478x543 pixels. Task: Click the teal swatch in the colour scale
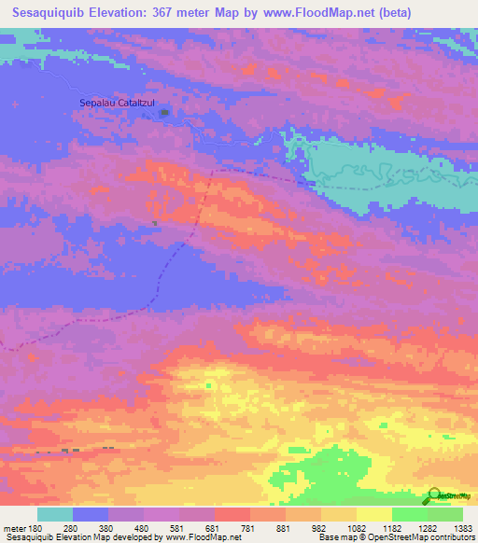[x=55, y=514]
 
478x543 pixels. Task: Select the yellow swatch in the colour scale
[x=374, y=514]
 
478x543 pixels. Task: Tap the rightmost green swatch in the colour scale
[x=445, y=514]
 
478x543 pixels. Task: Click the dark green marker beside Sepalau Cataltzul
[x=165, y=114]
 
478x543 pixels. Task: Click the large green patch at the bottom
[x=327, y=471]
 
